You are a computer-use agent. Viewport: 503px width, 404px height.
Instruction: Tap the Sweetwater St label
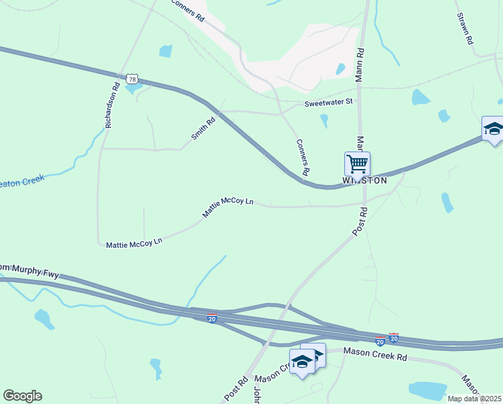click(328, 102)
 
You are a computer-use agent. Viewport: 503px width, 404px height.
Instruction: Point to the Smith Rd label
click(202, 128)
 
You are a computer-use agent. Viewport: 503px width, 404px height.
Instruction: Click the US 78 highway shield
click(130, 79)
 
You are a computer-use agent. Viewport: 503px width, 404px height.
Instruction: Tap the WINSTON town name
click(365, 180)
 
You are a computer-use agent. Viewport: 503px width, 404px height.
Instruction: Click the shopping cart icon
click(357, 164)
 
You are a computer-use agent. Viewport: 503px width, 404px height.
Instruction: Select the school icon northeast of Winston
click(493, 129)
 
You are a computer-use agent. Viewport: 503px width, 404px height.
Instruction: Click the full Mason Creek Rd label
click(376, 352)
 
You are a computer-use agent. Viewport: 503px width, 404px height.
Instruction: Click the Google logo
click(22, 396)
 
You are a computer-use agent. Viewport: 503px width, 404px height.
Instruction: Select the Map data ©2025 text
click(475, 399)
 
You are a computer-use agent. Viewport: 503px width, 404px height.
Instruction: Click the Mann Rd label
click(360, 60)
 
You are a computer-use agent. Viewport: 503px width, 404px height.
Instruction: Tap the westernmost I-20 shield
click(212, 317)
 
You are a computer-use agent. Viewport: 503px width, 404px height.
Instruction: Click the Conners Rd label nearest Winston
click(302, 158)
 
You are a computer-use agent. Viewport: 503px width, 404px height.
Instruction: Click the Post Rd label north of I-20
click(360, 222)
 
